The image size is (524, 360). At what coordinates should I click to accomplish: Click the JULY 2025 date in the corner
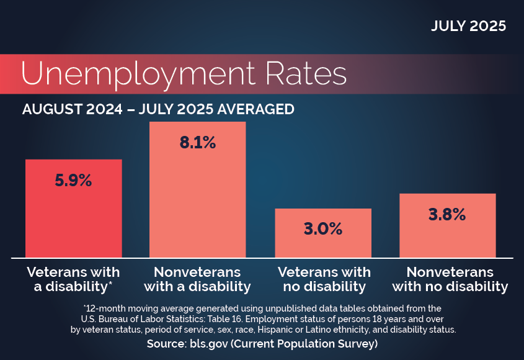[468, 27]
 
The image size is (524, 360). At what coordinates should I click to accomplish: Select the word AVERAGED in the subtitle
[255, 109]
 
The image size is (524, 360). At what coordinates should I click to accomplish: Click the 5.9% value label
[73, 181]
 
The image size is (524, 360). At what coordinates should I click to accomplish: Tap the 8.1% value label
[197, 143]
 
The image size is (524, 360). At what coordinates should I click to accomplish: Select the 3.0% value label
[322, 228]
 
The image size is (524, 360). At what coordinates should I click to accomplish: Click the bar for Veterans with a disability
[73, 223]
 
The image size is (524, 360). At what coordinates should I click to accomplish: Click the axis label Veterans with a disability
[73, 279]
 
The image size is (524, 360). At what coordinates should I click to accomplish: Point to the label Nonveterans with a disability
[197, 279]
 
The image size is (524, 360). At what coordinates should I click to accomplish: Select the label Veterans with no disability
[324, 279]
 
